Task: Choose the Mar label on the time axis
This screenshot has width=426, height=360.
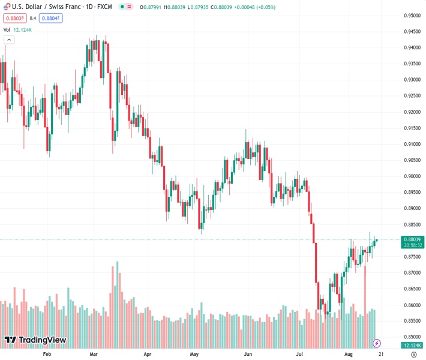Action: tap(94, 355)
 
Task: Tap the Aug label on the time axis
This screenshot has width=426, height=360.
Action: tap(348, 355)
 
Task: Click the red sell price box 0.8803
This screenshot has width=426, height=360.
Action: tap(14, 18)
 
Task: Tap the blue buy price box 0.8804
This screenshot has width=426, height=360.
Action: tap(51, 18)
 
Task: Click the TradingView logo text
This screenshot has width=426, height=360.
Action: tap(35, 340)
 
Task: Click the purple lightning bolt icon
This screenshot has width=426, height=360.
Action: tap(377, 343)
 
